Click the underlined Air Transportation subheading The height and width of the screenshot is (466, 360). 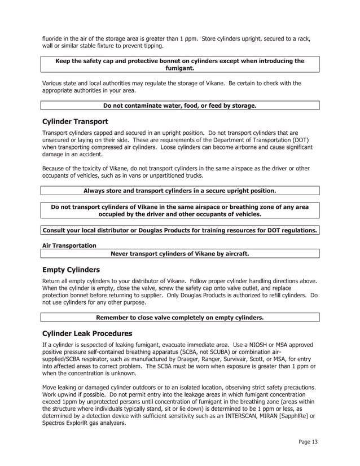(x=69, y=245)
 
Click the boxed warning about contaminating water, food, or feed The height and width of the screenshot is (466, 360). (x=180, y=105)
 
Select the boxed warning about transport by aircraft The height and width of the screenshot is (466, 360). (x=180, y=254)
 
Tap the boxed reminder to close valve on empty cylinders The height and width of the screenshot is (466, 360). (x=180, y=318)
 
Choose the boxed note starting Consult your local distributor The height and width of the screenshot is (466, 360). (x=180, y=230)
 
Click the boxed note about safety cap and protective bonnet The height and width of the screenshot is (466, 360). (x=180, y=64)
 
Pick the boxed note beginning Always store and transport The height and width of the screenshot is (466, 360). (x=180, y=191)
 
